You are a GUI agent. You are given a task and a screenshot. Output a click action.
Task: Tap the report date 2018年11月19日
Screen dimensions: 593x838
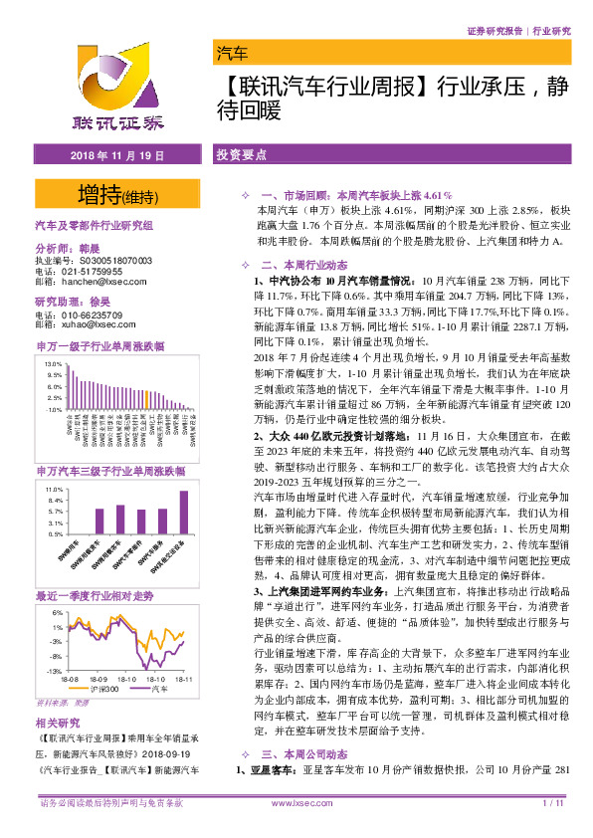(x=117, y=157)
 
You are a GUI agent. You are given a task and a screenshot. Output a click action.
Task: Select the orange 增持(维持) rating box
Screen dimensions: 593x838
(x=118, y=192)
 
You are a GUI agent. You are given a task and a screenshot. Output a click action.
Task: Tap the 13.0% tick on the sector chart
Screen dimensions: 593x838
(x=54, y=364)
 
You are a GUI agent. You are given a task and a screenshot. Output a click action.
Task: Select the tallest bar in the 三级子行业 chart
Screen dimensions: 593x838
(x=183, y=513)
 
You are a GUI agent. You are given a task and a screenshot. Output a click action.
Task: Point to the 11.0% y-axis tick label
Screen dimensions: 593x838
(x=54, y=491)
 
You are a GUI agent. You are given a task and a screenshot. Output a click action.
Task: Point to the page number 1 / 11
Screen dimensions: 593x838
(x=553, y=828)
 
